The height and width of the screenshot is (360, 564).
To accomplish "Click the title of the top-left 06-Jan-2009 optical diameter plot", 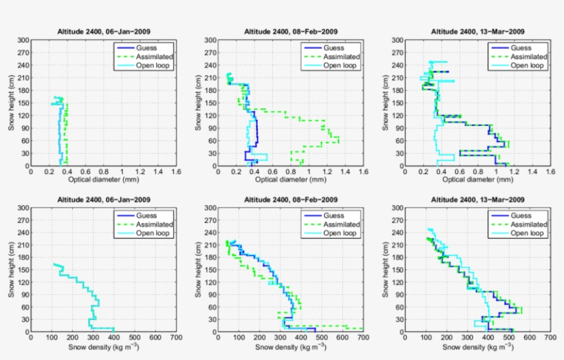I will (103, 32).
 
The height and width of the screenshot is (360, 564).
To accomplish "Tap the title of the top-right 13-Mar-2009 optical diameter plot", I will (475, 32).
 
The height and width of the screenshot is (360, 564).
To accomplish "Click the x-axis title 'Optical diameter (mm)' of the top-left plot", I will (103, 180).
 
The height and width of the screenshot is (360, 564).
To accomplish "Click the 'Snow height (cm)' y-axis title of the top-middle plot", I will (197, 103).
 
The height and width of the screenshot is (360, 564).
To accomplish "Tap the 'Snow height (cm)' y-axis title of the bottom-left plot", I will (12, 270).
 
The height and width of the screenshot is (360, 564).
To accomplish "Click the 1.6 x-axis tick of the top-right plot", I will (550, 172).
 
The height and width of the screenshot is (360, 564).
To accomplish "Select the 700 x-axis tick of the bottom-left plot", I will (176, 338).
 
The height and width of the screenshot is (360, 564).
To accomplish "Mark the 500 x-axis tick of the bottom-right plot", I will (509, 338).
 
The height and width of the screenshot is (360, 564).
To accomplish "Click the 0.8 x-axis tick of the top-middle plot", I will (291, 172).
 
